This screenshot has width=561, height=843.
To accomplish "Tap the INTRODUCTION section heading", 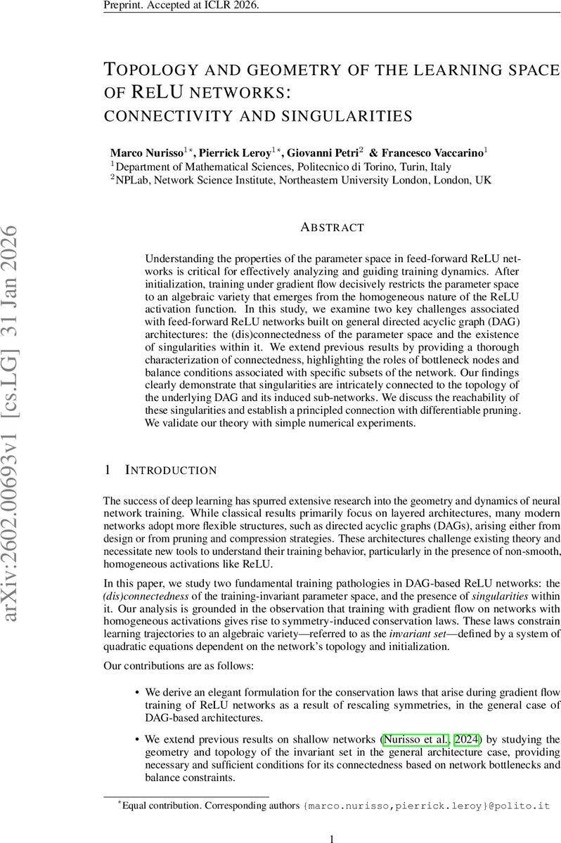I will (171, 470).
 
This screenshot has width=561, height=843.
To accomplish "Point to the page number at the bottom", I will (332, 838).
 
